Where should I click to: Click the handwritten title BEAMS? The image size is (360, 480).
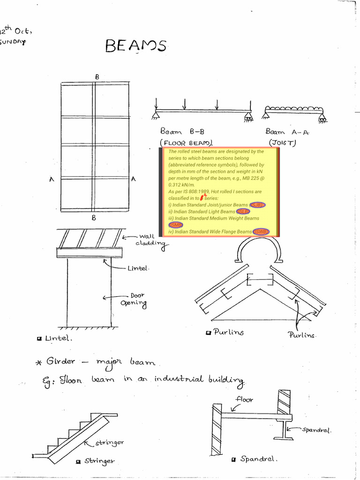click(x=135, y=46)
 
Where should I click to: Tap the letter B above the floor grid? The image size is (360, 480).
click(x=97, y=76)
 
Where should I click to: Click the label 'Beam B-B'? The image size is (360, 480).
click(x=182, y=132)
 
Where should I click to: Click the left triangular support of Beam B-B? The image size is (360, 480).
click(x=155, y=114)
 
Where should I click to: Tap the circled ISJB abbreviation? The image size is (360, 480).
click(x=257, y=205)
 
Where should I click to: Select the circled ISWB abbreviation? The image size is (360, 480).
click(x=261, y=232)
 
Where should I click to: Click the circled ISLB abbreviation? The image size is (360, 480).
click(x=243, y=212)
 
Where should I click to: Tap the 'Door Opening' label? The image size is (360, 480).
click(x=135, y=300)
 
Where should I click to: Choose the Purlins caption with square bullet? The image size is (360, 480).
click(x=225, y=332)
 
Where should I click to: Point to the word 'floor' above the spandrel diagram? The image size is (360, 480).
click(x=244, y=400)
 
